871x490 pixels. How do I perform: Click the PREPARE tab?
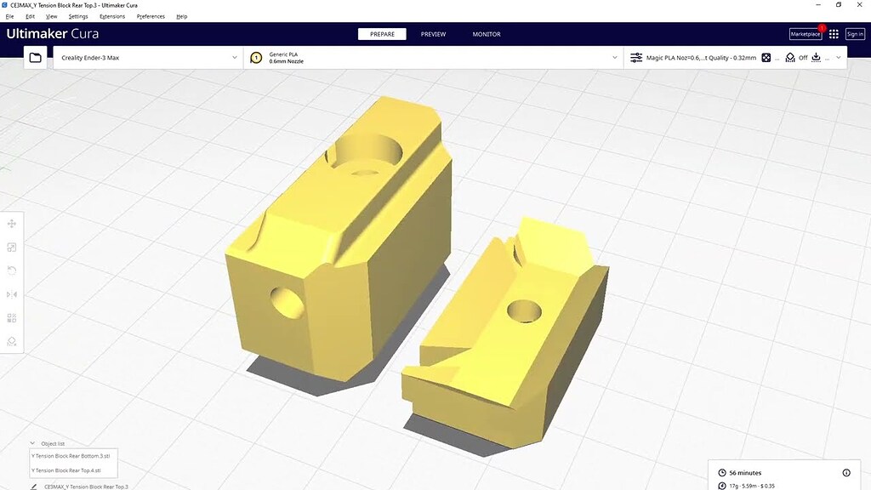coord(382,34)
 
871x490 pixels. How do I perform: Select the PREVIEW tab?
coord(433,34)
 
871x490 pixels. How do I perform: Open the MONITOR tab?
coord(487,34)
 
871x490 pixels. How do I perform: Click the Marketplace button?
coord(806,34)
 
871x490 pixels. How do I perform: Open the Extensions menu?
coord(111,16)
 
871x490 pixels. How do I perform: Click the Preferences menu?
coord(151,16)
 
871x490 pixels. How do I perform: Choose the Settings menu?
coord(78,16)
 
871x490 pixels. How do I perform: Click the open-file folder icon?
coord(35,58)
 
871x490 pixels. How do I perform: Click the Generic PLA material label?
coord(283,54)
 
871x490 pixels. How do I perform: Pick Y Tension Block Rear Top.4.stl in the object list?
coord(65,470)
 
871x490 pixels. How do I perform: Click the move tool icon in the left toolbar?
coord(12,224)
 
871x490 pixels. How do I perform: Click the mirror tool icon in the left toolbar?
coord(12,294)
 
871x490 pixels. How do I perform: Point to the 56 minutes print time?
coord(745,472)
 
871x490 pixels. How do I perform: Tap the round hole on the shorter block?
coord(525,311)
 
